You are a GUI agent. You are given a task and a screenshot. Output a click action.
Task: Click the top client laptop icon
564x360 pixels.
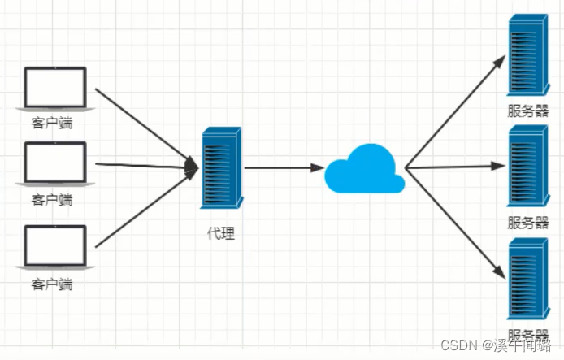click(x=55, y=89)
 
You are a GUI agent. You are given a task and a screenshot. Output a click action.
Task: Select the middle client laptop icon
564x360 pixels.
click(x=55, y=163)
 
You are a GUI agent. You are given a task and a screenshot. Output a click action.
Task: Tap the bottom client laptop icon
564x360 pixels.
click(x=55, y=247)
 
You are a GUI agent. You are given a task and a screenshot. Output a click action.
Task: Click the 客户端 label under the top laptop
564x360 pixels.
click(x=52, y=124)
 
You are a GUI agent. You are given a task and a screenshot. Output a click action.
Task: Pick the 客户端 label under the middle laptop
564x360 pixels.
click(x=52, y=199)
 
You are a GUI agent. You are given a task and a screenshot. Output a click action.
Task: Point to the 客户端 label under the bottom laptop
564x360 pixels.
click(x=52, y=284)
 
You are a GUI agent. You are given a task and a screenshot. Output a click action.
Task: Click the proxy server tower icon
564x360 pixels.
click(x=221, y=168)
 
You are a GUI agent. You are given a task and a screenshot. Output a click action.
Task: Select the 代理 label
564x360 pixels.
click(x=221, y=233)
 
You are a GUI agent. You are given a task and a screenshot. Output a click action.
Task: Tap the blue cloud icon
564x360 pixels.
click(x=365, y=168)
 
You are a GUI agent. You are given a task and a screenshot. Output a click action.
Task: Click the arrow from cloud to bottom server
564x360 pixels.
click(x=454, y=223)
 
